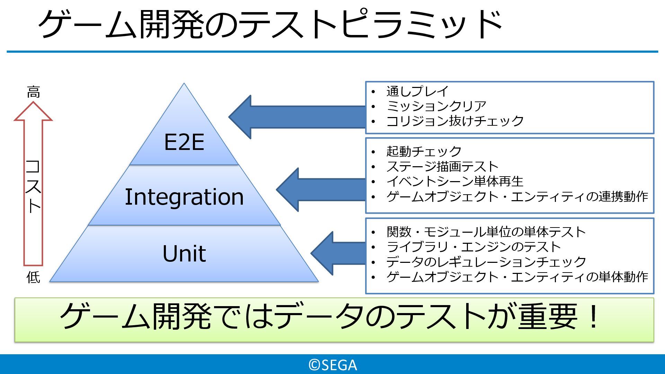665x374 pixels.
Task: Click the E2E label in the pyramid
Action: [184, 142]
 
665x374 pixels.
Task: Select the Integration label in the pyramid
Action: [184, 197]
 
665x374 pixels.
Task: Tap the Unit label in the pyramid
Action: [184, 253]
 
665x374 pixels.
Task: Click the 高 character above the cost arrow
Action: [33, 92]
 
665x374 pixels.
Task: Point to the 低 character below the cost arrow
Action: [33, 277]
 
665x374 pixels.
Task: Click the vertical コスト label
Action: [33, 186]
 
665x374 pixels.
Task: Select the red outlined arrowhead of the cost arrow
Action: [33, 112]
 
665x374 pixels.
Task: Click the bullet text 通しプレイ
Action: [417, 91]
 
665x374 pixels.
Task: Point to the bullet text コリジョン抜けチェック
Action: [455, 121]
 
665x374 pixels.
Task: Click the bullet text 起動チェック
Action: [424, 151]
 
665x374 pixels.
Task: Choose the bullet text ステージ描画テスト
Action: [442, 167]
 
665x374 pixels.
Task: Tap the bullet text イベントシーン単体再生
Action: [455, 181]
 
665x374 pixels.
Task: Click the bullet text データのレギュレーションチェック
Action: [486, 262]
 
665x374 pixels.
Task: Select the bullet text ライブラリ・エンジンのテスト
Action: [473, 247]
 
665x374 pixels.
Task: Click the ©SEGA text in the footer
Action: [332, 365]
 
